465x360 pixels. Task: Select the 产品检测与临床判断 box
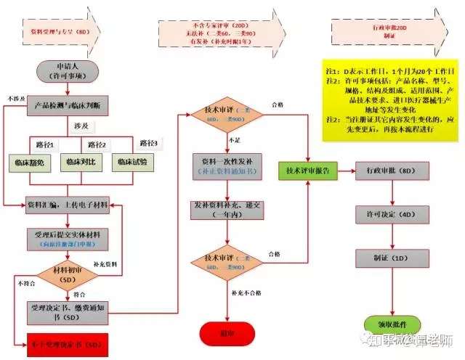pyautogui.click(x=70, y=105)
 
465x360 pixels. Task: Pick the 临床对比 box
pyautogui.click(x=80, y=160)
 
